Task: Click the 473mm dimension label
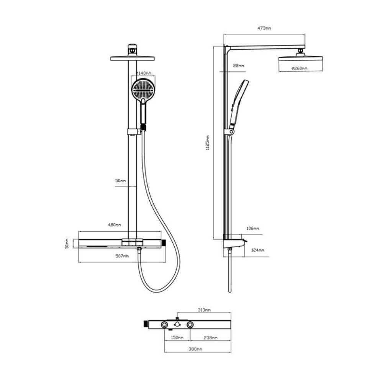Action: click(x=264, y=28)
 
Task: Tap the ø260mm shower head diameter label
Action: click(x=299, y=69)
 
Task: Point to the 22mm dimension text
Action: click(x=238, y=65)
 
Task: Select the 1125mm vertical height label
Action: click(x=207, y=142)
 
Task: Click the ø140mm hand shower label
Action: click(x=144, y=73)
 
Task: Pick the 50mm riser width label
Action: click(x=120, y=181)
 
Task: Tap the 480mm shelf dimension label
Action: click(x=114, y=225)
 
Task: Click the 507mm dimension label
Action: click(x=122, y=256)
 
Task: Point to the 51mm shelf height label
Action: click(x=67, y=244)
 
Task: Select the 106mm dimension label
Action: click(x=252, y=228)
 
